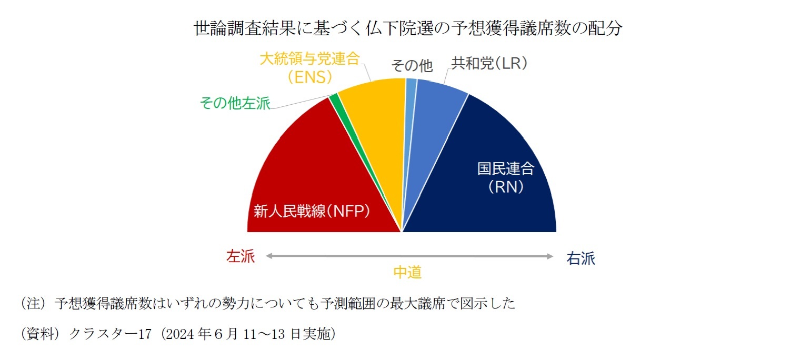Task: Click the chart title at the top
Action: click(408, 28)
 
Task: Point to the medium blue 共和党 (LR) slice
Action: click(432, 121)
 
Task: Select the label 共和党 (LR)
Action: click(489, 64)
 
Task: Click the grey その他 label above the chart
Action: click(412, 66)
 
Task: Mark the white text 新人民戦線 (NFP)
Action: click(312, 212)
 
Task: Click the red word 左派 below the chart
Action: click(240, 257)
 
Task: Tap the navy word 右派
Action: click(580, 259)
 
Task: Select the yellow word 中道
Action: click(408, 272)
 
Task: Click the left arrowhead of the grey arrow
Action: click(268, 256)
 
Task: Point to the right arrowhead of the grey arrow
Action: click(550, 256)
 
